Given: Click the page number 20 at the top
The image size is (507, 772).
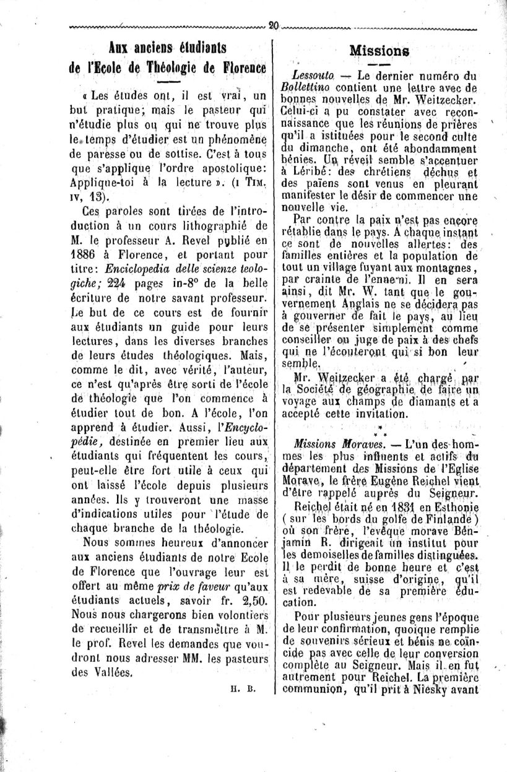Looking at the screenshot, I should click(x=274, y=26).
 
